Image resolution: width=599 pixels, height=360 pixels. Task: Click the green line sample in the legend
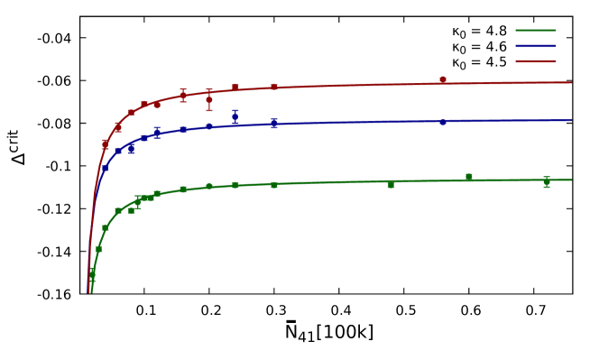[535, 31]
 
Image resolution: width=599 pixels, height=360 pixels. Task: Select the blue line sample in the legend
[535, 46]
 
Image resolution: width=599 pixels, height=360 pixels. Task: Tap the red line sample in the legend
[535, 61]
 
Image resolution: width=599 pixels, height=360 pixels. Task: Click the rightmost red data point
[443, 80]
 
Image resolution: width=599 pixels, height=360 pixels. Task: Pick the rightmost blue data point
[443, 122]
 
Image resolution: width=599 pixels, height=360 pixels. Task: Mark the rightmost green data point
[547, 182]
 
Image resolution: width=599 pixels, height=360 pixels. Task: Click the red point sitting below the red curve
[209, 99]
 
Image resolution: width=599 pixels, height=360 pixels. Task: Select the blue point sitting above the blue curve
[235, 115]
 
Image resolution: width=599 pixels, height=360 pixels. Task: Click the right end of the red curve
[571, 83]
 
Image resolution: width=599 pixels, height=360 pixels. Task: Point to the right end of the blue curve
[571, 121]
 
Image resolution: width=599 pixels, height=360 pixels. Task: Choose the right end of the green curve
[571, 180]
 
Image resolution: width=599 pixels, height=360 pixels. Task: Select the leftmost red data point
[106, 143]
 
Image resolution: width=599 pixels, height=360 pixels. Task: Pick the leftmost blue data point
[106, 168]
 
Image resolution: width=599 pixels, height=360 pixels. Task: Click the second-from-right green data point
[469, 177]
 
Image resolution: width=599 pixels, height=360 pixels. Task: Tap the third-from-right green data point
[391, 184]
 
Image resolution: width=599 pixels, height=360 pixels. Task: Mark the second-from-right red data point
[274, 88]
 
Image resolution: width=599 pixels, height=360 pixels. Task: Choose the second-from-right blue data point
[274, 124]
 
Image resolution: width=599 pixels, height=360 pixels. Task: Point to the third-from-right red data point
[235, 88]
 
